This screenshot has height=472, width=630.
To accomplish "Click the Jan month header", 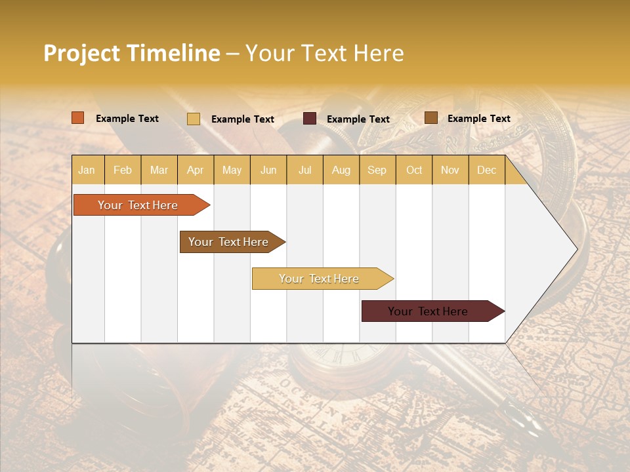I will [87, 170].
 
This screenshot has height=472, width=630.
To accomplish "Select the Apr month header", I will [195, 170].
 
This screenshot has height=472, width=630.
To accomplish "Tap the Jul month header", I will [304, 170].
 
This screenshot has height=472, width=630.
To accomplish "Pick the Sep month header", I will [377, 170].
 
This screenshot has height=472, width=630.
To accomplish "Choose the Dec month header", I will [486, 170].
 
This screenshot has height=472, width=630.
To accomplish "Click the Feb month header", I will [123, 170].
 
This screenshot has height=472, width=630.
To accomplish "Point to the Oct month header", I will [414, 170].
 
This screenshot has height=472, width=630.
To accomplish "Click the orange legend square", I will [78, 118].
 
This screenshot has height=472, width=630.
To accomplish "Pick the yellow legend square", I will [194, 119].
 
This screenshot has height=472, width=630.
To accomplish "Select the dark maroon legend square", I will [310, 119].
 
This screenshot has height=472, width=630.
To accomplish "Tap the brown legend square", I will [431, 118].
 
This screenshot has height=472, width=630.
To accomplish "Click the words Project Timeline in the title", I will [132, 53].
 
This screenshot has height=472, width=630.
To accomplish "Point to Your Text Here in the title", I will [325, 53].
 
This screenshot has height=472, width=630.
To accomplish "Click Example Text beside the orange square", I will [127, 119].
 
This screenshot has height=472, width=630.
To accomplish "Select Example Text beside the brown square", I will [479, 119].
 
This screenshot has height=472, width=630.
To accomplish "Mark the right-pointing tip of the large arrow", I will [576, 249].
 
